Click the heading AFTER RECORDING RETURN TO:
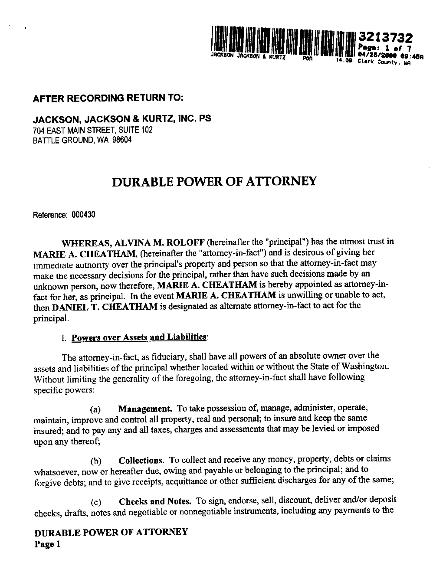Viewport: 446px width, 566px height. click(109, 98)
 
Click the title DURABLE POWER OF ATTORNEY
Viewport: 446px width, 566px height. click(214, 181)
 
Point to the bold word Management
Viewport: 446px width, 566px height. click(146, 409)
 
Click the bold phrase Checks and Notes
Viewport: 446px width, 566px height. click(155, 501)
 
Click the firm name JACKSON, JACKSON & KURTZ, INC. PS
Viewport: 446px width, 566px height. click(122, 119)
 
